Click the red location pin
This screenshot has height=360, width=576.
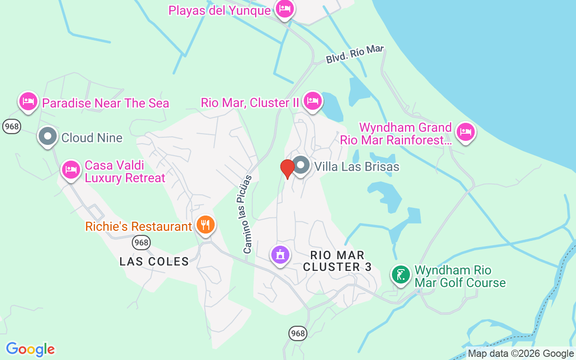click(x=287, y=169)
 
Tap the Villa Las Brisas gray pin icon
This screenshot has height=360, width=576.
click(x=301, y=165)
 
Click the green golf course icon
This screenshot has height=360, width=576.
click(x=400, y=274)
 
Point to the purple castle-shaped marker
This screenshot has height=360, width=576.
click(x=280, y=255)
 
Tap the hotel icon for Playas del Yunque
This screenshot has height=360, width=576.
click(x=284, y=8)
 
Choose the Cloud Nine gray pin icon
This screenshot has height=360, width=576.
click(x=47, y=136)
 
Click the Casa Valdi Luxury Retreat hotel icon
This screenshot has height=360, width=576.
click(x=71, y=170)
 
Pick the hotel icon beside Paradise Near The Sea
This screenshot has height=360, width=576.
click(x=28, y=101)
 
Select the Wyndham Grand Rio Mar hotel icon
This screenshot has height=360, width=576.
click(x=465, y=132)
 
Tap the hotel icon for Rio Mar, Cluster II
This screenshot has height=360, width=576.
click(x=312, y=100)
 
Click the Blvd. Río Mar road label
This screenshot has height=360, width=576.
click(x=355, y=54)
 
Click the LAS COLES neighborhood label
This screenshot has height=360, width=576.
click(x=154, y=261)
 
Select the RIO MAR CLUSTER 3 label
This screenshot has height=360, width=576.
click(x=337, y=261)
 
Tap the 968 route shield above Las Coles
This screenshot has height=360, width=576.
click(x=141, y=243)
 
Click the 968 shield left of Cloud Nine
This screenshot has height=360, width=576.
click(x=11, y=126)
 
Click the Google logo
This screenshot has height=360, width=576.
click(x=30, y=349)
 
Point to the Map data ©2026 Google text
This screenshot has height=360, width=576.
click(x=521, y=354)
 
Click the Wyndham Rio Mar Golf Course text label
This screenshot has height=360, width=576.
click(x=460, y=276)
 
